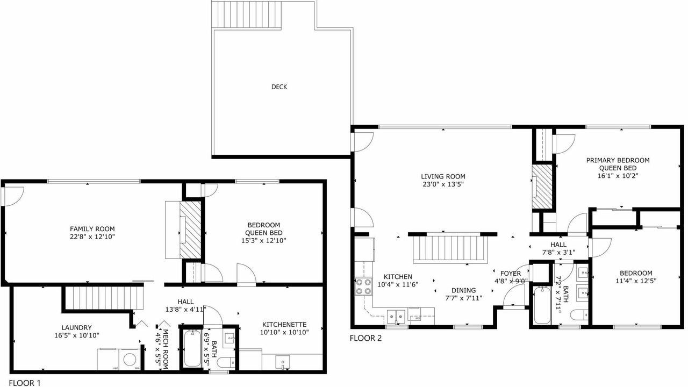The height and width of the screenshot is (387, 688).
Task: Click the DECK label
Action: point(279,87)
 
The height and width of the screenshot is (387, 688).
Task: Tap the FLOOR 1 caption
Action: point(25,383)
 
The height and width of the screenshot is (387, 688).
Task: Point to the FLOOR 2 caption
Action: point(366,338)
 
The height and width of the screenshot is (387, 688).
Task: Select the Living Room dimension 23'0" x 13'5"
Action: point(443,184)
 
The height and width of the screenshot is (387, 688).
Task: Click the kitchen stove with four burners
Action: point(364,286)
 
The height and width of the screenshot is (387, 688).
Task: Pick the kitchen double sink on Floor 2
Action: point(396,316)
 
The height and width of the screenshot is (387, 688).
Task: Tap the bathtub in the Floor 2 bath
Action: point(542,305)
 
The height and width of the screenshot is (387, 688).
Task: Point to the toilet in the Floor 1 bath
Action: point(226,362)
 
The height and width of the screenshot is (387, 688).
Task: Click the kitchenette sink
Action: point(283,361)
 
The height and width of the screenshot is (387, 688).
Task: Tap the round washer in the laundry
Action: point(130,360)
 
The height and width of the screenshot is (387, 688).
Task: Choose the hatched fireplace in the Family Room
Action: point(190,230)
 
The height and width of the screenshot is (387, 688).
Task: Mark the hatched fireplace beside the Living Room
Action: point(542,187)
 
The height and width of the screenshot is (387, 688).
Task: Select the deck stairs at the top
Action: point(247,14)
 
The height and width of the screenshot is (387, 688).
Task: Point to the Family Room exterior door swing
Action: point(14,197)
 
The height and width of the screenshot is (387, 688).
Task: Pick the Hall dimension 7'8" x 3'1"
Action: point(558,253)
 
